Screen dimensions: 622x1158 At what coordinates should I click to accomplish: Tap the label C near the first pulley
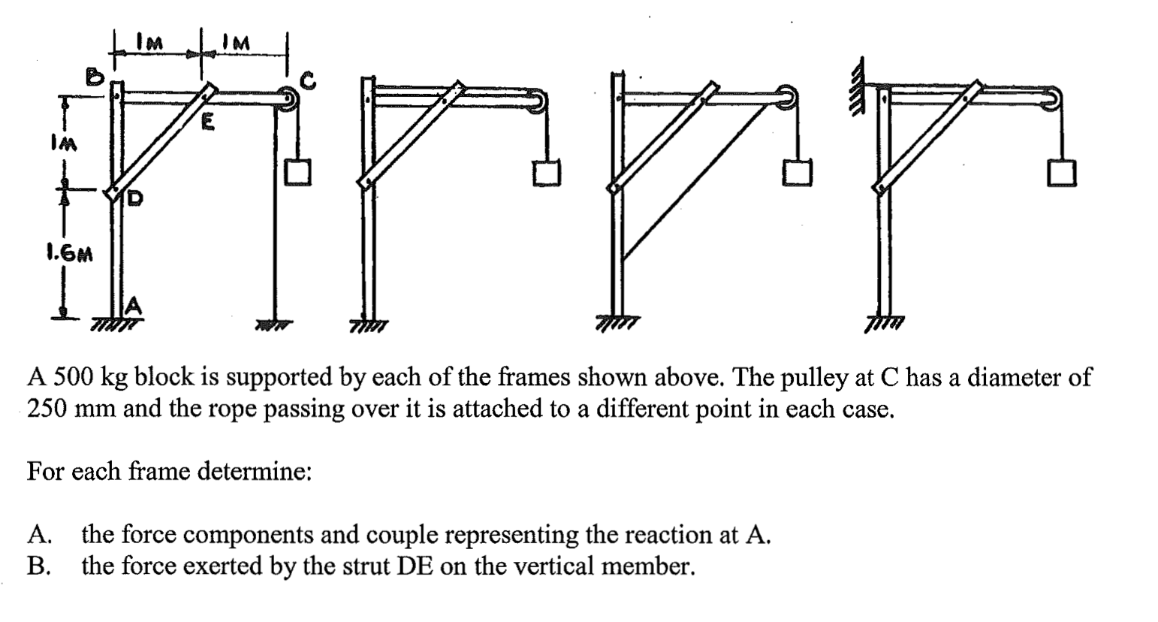coord(309,79)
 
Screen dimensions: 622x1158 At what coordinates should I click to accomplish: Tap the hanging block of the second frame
coord(547,174)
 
